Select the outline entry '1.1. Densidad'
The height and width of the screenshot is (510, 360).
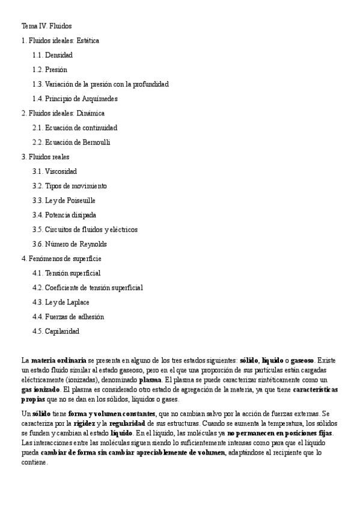coord(53,55)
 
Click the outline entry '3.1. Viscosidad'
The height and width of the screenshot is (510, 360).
coord(55,171)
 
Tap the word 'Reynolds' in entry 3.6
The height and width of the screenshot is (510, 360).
coord(93,244)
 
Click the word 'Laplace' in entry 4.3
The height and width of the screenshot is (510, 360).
coord(78,302)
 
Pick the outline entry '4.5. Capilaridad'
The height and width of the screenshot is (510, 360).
coord(56,331)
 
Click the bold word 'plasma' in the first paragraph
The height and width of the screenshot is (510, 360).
coord(150,380)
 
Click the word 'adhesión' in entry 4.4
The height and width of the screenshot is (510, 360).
coord(90,316)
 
